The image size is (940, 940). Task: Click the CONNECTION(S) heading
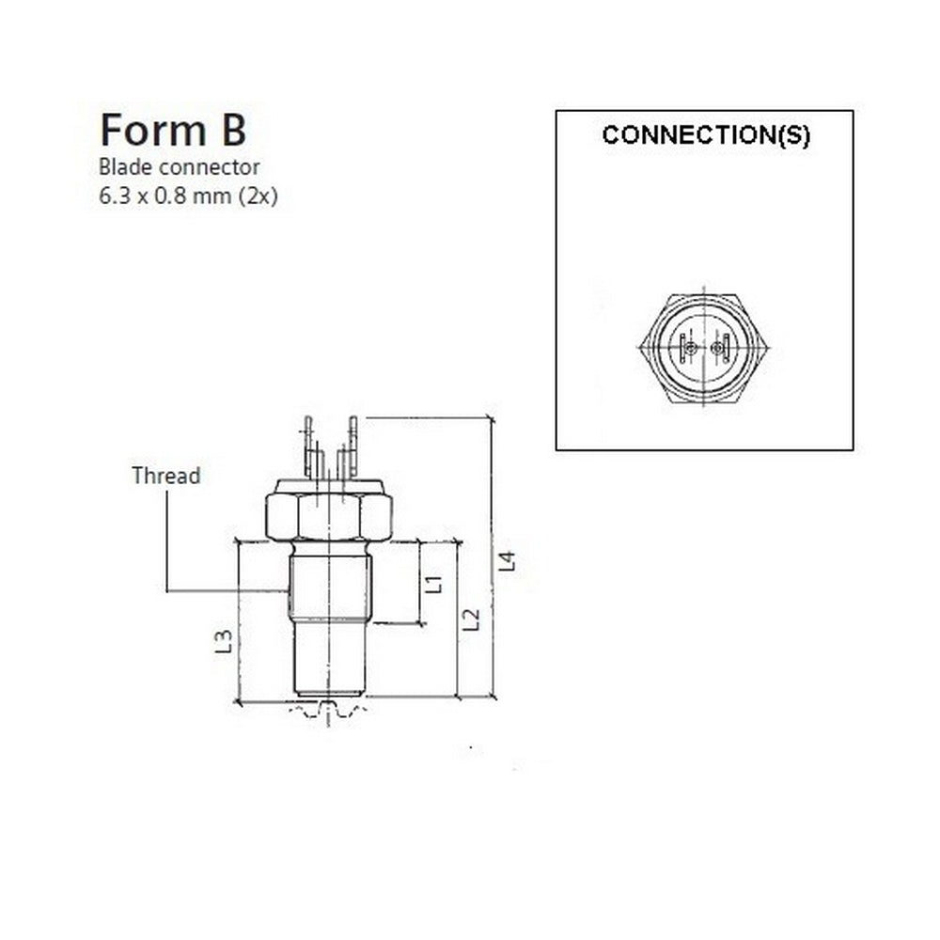[x=705, y=135]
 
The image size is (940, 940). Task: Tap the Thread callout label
[x=166, y=476]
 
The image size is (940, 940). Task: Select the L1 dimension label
[x=433, y=584]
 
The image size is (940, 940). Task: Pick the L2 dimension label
[x=472, y=620]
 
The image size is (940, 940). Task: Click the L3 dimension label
[x=224, y=641]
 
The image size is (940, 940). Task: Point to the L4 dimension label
[x=507, y=561]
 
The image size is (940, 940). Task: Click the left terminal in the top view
[x=690, y=349]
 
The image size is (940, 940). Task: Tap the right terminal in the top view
[x=719, y=349]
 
